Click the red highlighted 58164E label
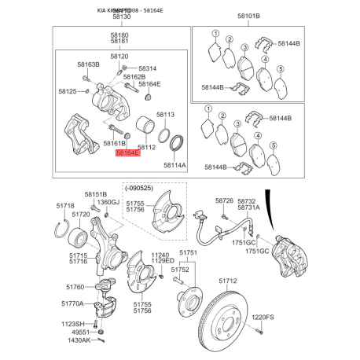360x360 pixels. tap(127, 155)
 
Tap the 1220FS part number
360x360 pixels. tap(263, 317)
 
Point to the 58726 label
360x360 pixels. tap(224, 201)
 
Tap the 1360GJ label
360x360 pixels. tap(108, 202)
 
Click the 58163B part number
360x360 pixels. tap(88, 65)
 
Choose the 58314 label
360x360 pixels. tap(147, 68)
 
